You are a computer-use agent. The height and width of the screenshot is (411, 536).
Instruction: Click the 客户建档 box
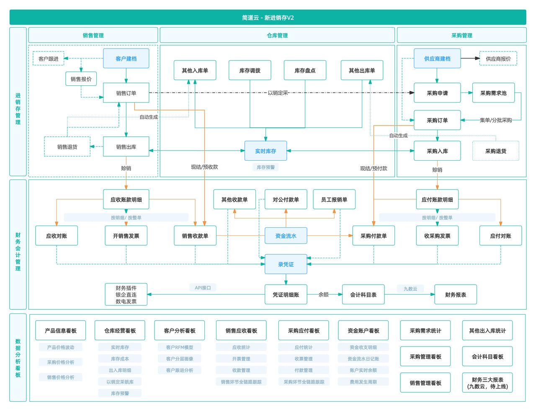(126, 59)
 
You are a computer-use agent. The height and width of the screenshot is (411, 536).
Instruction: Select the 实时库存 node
(265, 151)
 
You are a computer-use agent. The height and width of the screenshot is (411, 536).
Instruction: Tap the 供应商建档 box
(437, 59)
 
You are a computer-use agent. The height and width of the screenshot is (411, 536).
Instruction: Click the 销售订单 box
(126, 93)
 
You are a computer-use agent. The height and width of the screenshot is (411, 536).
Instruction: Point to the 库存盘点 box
(305, 70)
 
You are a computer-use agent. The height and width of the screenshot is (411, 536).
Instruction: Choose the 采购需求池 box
(493, 93)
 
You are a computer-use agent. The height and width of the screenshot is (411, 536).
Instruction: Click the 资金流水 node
(286, 236)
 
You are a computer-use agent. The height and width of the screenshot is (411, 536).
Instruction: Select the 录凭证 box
(286, 265)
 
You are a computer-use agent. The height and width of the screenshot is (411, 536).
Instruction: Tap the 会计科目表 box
(363, 295)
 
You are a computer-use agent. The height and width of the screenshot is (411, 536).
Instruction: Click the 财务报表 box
(456, 295)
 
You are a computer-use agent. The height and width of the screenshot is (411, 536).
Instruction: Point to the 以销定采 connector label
(278, 93)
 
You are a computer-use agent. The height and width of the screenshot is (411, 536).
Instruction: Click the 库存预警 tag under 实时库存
(265, 167)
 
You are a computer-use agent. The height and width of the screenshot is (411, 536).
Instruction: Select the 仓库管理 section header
(277, 36)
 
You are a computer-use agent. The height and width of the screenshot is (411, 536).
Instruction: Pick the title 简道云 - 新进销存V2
(268, 18)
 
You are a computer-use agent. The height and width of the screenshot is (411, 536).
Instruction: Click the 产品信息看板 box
(61, 331)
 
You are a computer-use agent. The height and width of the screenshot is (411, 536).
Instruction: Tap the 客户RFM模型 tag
(180, 347)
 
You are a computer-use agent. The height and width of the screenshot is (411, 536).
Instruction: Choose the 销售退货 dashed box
(67, 147)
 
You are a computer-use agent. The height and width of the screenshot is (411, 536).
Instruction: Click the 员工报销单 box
(334, 200)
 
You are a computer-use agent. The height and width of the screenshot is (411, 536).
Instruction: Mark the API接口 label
(203, 288)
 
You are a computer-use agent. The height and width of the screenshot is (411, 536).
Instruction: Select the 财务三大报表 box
(487, 383)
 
